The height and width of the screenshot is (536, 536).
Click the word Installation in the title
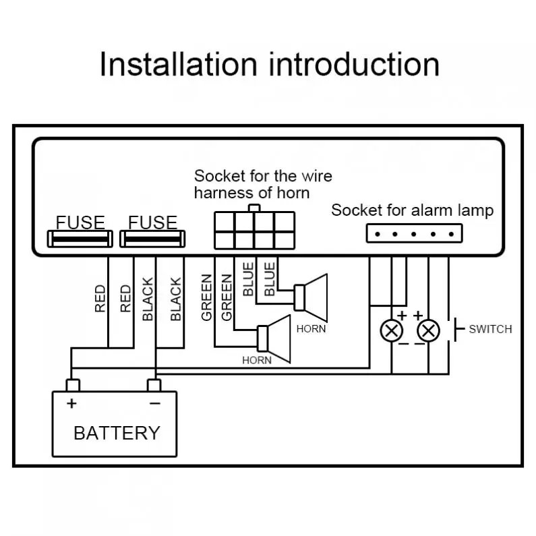coord(178,65)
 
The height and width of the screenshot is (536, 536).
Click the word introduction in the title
coord(354,65)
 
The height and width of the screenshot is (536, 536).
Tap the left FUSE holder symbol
coord(80,238)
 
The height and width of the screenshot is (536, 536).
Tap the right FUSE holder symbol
coord(152,238)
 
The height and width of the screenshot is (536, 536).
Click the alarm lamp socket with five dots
coord(415,233)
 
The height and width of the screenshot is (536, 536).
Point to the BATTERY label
coord(117,433)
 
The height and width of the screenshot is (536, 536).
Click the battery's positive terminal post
coord(72,385)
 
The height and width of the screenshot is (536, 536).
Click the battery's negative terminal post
coord(154,385)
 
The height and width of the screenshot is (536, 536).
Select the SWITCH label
coord(490,330)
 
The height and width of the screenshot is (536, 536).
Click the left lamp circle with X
coord(392,330)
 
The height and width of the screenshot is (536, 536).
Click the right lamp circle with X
coord(428,330)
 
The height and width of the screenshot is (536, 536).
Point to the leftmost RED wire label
coord(100,298)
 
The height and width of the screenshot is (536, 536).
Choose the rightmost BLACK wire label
coord(175,299)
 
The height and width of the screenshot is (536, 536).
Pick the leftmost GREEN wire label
coord(207,297)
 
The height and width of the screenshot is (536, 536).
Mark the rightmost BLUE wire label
coord(269,279)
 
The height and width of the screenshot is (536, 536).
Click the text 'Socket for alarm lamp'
coord(412,210)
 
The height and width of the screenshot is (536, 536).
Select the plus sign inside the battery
coord(71,404)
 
